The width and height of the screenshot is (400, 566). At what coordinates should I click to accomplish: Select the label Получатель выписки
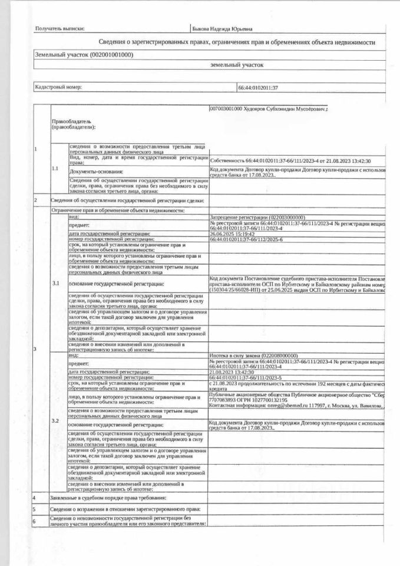[x=60, y=28]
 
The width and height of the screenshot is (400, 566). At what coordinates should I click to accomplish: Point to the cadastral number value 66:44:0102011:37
[x=258, y=87]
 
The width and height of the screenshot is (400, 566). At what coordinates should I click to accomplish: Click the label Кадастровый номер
[x=58, y=87]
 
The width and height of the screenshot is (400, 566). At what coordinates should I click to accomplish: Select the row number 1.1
[x=55, y=169]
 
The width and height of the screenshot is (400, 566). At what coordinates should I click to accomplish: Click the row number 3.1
[x=55, y=284]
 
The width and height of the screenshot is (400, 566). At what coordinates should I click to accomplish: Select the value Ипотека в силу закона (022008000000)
[x=253, y=356]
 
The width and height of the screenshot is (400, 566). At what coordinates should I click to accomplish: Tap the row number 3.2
[x=55, y=421]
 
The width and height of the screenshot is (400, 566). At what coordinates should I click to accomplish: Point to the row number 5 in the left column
[x=35, y=509]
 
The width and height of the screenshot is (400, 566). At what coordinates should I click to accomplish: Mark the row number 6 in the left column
[x=35, y=521]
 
